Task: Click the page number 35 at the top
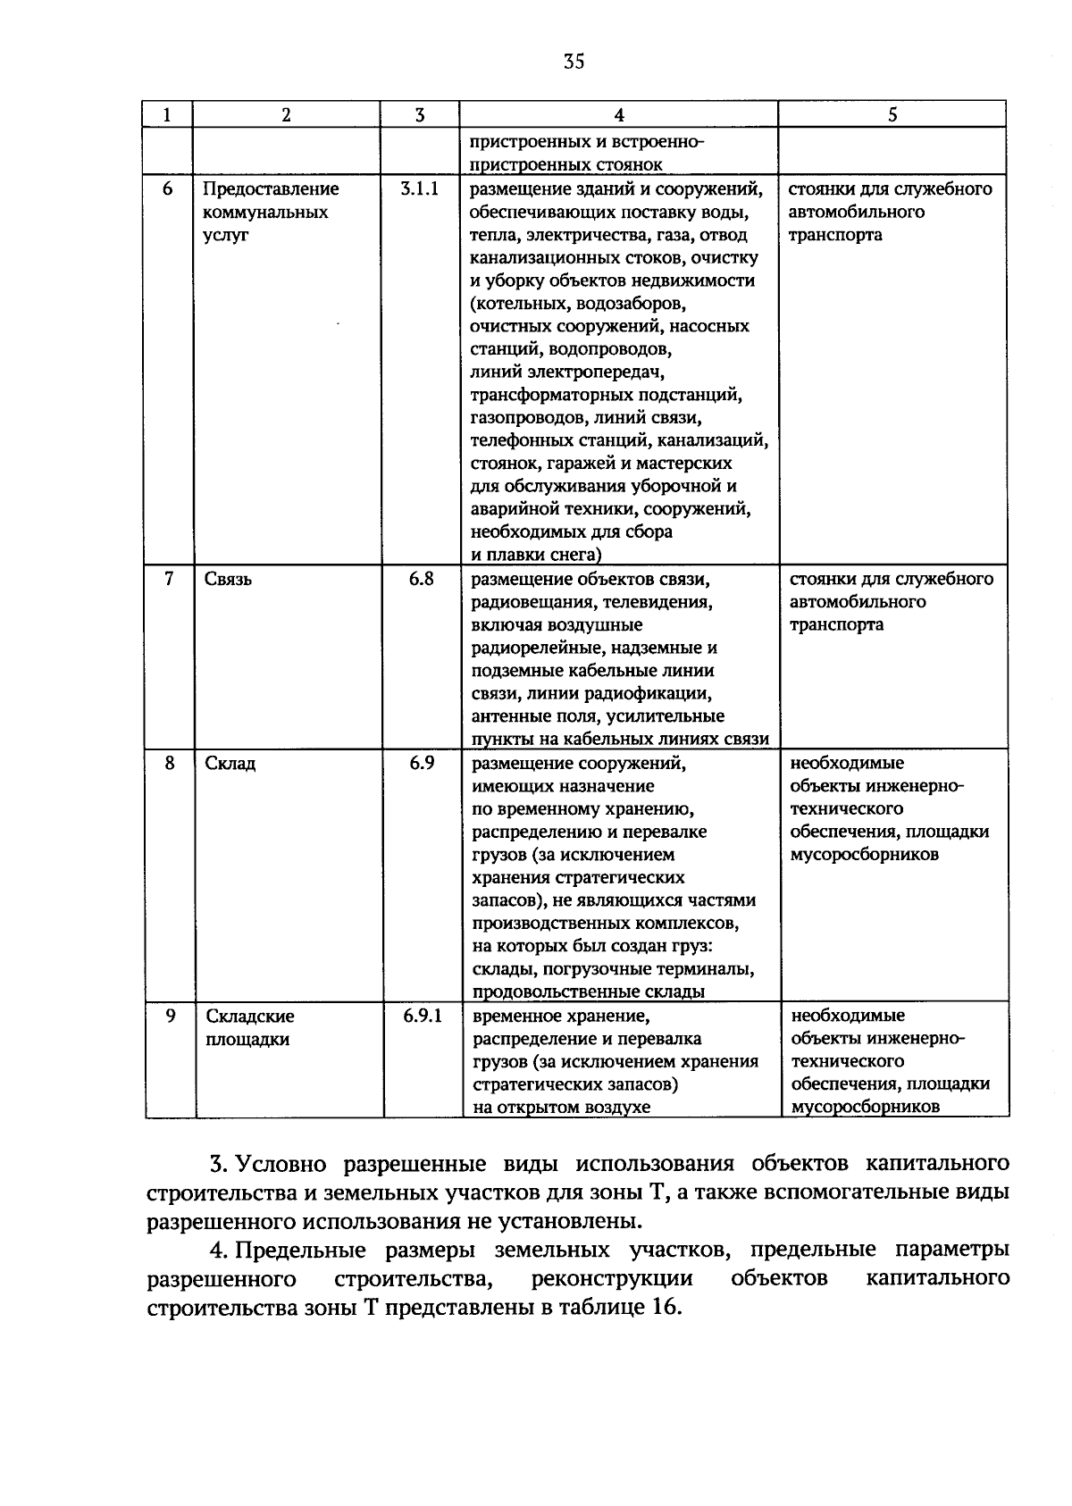[x=574, y=62]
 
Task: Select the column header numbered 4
[x=618, y=114]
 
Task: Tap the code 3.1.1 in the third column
[x=419, y=189]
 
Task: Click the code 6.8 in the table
[x=421, y=579]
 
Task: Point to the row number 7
[x=169, y=579]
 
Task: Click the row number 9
[x=170, y=1017]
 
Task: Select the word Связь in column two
[x=229, y=580]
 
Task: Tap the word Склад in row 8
[x=230, y=764]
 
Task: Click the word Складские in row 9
[x=250, y=1017]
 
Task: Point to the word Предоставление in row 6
[x=271, y=189]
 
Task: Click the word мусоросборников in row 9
[x=866, y=1108]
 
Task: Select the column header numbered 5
[x=892, y=114]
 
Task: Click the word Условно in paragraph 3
[x=283, y=1165]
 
